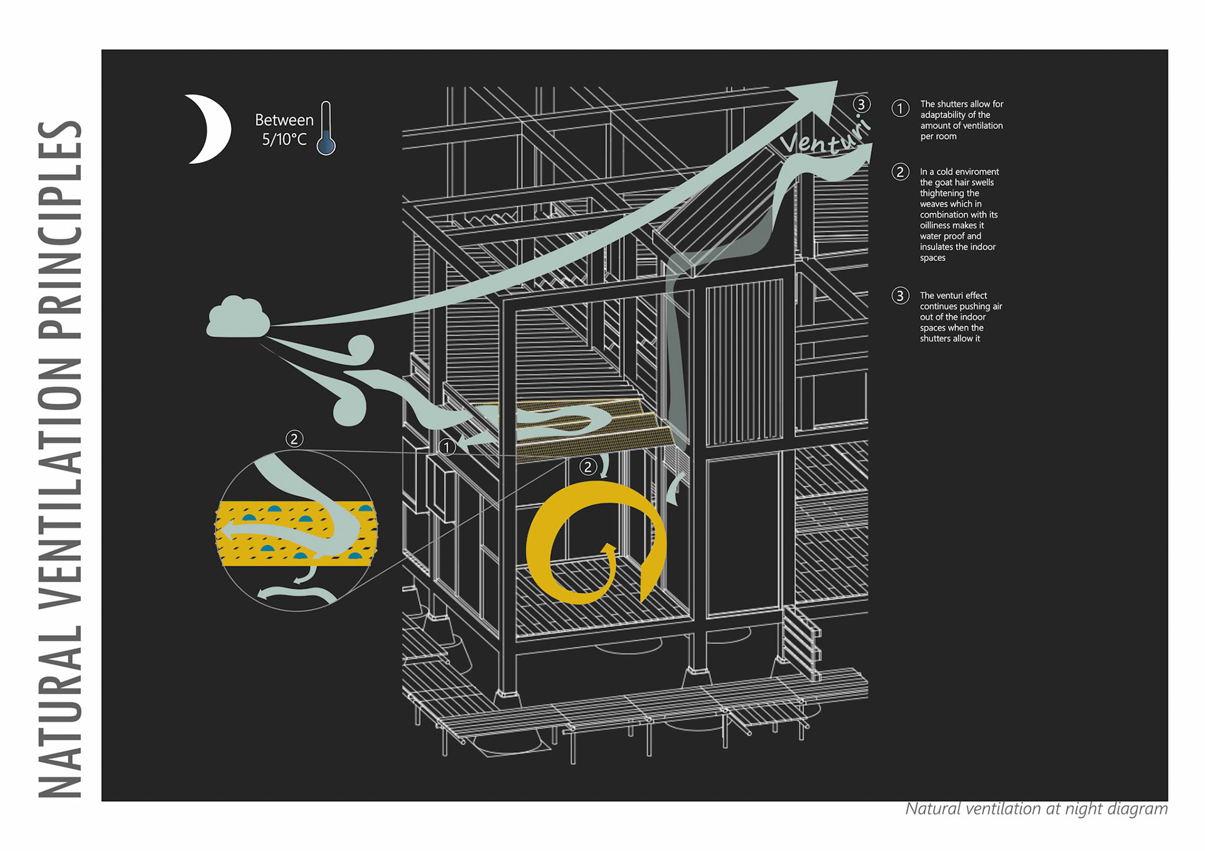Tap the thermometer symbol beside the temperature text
(326, 129)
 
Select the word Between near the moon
(284, 120)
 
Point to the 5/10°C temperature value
(284, 139)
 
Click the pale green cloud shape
(237, 318)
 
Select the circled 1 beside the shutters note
(900, 108)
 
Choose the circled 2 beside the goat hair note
(900, 172)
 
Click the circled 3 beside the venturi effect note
(900, 295)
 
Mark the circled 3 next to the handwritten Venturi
(861, 104)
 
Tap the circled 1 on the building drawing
(446, 447)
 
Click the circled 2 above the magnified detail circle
(294, 438)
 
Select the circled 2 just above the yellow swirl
(587, 467)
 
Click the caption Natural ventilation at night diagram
(1036, 809)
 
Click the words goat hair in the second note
(964, 182)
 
